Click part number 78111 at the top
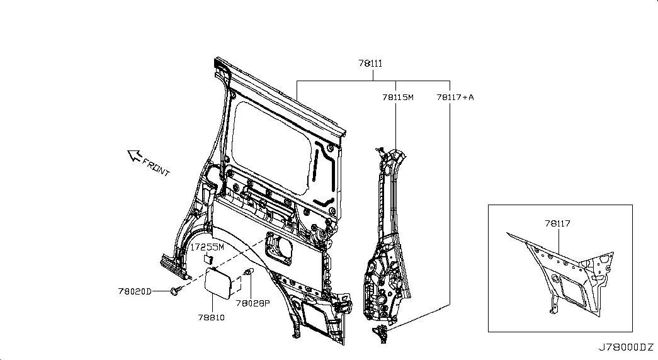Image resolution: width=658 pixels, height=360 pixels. (370, 64)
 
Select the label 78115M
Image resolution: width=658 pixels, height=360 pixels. (397, 98)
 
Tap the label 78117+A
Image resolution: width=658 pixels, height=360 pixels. (455, 98)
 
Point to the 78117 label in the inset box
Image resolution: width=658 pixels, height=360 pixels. (557, 223)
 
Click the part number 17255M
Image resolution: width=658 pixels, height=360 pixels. (207, 247)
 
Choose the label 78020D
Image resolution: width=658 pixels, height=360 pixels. (135, 291)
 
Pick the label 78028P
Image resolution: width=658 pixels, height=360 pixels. (252, 303)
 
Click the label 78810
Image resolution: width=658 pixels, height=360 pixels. (211, 318)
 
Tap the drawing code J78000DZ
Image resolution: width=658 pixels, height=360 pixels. (626, 347)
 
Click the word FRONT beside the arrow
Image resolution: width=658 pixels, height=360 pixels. (156, 167)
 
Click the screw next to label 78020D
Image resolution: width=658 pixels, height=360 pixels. (176, 290)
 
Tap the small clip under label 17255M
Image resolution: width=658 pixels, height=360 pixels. (209, 259)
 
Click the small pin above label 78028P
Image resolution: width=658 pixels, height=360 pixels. (249, 273)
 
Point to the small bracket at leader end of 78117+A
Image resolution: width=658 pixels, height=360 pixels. (381, 333)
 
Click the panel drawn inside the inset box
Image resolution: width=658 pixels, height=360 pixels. (562, 273)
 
